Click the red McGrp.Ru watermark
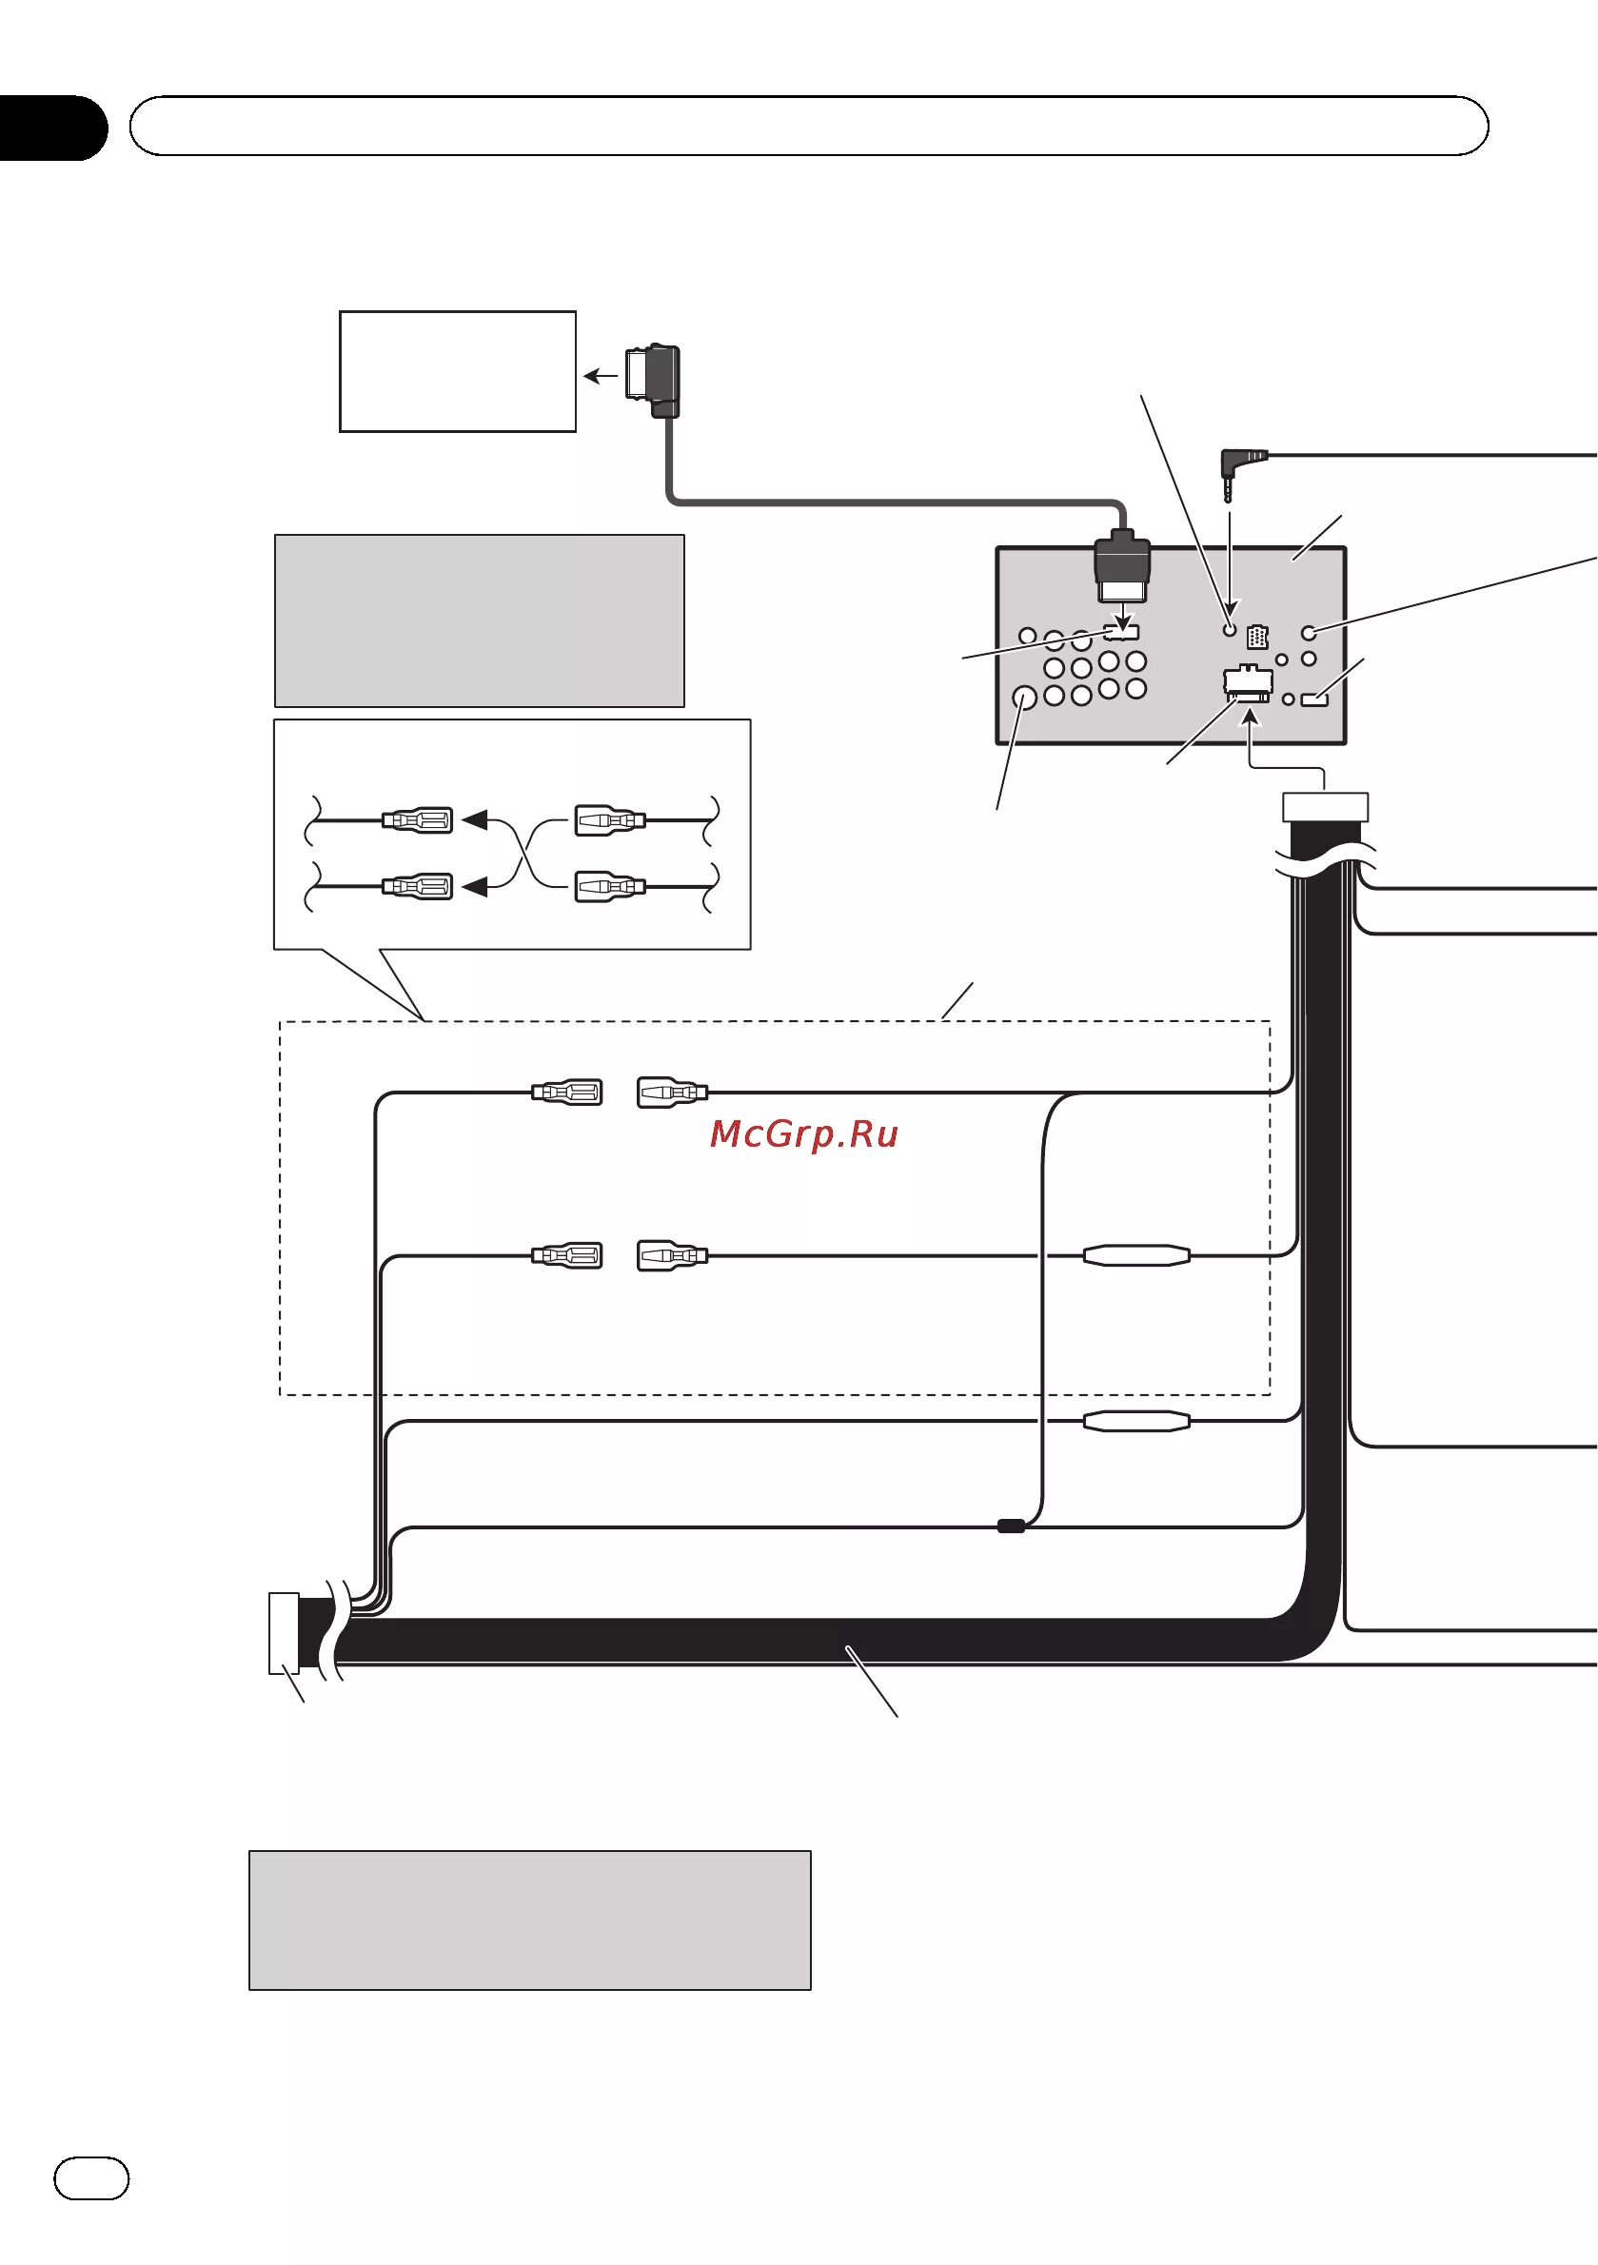coord(804,1134)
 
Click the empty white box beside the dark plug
coord(458,371)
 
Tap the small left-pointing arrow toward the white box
coord(600,376)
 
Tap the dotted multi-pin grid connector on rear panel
coord(1256,638)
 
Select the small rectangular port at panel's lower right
coord(1315,699)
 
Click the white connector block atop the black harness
coord(1325,807)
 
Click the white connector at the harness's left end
coord(284,1634)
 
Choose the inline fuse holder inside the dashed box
coord(1136,1255)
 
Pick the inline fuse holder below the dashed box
coord(1136,1421)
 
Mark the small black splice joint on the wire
coord(1011,1526)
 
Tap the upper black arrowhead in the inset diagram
coord(476,819)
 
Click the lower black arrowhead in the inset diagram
coord(476,887)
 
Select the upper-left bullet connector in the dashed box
coord(567,1093)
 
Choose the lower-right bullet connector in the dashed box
coord(672,1256)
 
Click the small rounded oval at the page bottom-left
coord(90,2178)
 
